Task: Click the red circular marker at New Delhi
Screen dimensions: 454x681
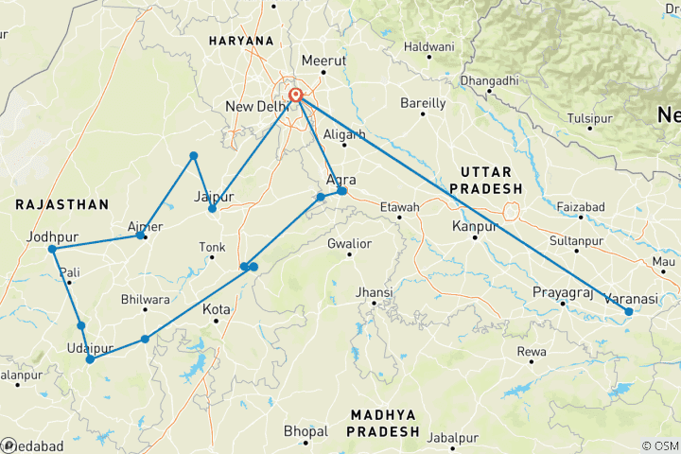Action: click(296, 95)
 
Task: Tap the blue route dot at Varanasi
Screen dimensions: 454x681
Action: click(629, 311)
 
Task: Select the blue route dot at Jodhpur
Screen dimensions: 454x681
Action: click(53, 250)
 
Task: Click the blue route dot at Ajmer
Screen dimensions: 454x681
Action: click(141, 235)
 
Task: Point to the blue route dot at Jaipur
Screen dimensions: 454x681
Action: click(212, 208)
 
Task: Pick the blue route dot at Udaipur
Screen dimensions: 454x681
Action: click(90, 359)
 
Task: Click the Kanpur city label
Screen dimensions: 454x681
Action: click(476, 226)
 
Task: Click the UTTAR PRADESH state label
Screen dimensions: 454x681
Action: click(486, 180)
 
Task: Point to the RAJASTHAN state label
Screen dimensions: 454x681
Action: click(62, 203)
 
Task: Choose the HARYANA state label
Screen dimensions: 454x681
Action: click(242, 42)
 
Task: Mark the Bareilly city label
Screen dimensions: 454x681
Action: click(423, 102)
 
